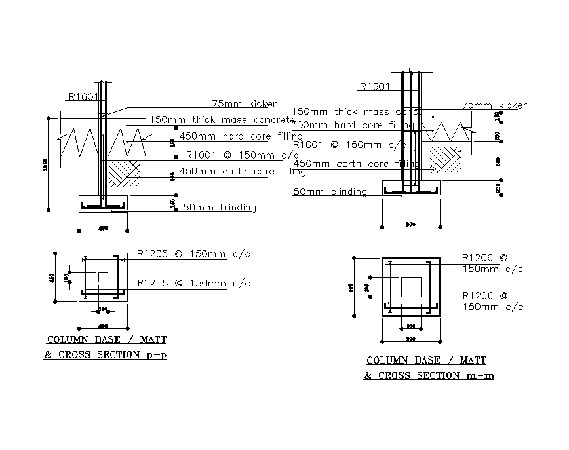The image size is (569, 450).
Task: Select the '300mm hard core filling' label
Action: click(x=353, y=125)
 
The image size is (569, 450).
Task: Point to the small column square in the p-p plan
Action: click(x=103, y=277)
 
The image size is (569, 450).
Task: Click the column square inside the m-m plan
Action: click(x=412, y=286)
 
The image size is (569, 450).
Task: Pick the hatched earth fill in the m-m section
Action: click(x=445, y=160)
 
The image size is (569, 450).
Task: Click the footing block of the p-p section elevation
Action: click(x=103, y=202)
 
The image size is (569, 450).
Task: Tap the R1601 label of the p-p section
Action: click(x=83, y=97)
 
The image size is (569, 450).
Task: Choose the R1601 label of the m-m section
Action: click(x=375, y=86)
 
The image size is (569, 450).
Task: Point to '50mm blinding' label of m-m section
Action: click(x=330, y=191)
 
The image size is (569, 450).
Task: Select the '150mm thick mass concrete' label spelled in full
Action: click(x=222, y=120)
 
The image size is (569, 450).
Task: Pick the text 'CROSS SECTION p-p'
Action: click(x=111, y=356)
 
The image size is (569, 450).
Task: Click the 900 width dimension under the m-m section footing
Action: click(x=411, y=224)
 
